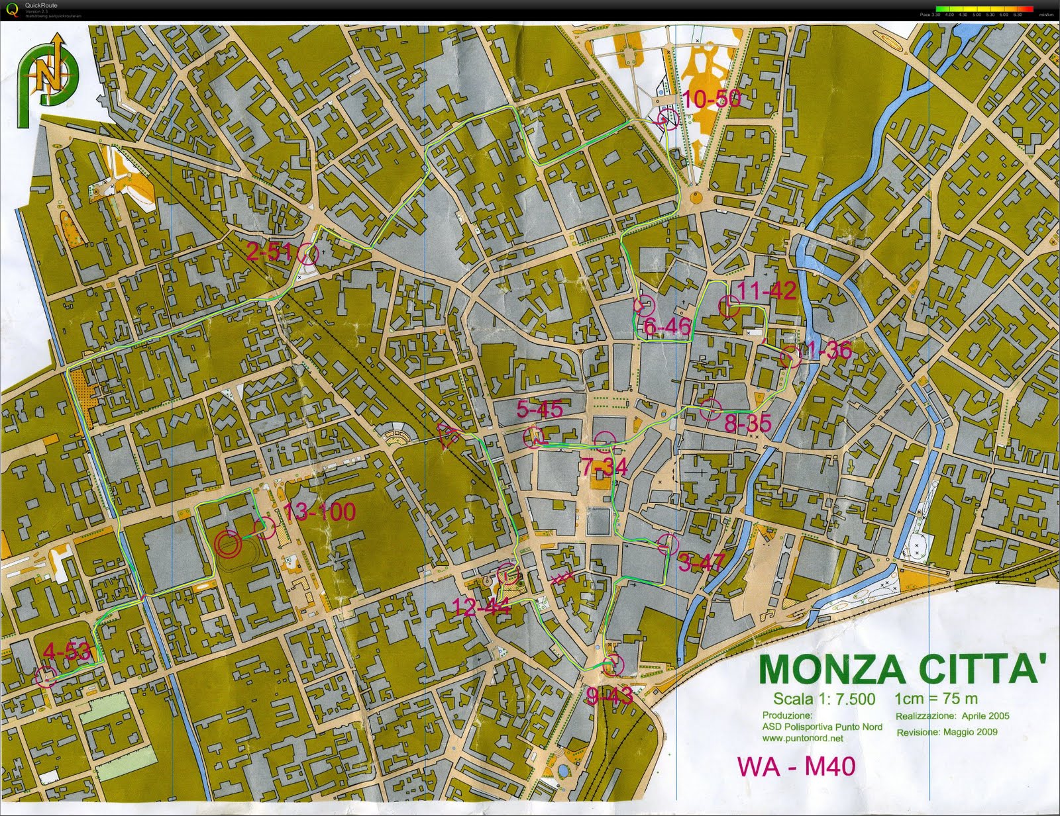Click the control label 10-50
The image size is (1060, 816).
point(710,99)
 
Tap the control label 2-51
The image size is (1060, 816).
point(269,251)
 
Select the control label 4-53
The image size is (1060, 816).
point(66,651)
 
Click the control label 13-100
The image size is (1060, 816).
point(319,512)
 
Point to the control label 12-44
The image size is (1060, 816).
point(480,606)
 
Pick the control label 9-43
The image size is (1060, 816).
point(609,696)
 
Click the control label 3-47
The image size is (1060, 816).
point(702,563)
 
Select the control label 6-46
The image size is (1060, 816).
point(666,326)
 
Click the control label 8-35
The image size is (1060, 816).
point(747,424)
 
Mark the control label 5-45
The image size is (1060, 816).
point(539,410)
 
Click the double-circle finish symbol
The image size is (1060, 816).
point(227,543)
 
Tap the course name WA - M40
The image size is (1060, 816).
point(796,766)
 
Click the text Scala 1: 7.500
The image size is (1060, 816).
point(823,700)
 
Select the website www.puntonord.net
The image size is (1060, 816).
point(802,738)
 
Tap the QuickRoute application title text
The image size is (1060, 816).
point(40,5)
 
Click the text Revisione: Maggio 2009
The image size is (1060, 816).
point(947,732)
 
